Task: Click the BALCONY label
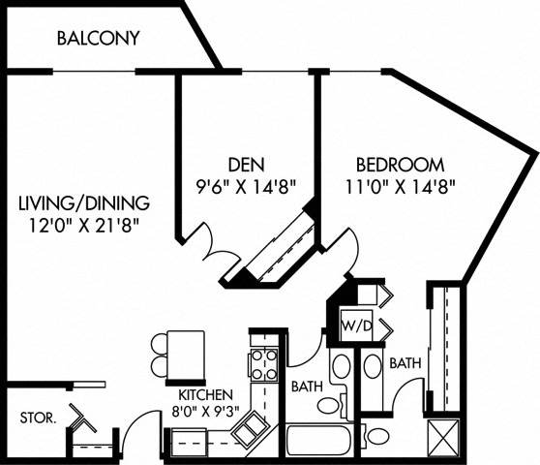98,39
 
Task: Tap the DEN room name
240,162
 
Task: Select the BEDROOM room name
400,164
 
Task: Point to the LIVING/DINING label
84,203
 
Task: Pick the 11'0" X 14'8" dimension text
400,183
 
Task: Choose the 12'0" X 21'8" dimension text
84,225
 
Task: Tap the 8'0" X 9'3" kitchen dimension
203,411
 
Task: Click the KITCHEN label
203,394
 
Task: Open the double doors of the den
208,242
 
